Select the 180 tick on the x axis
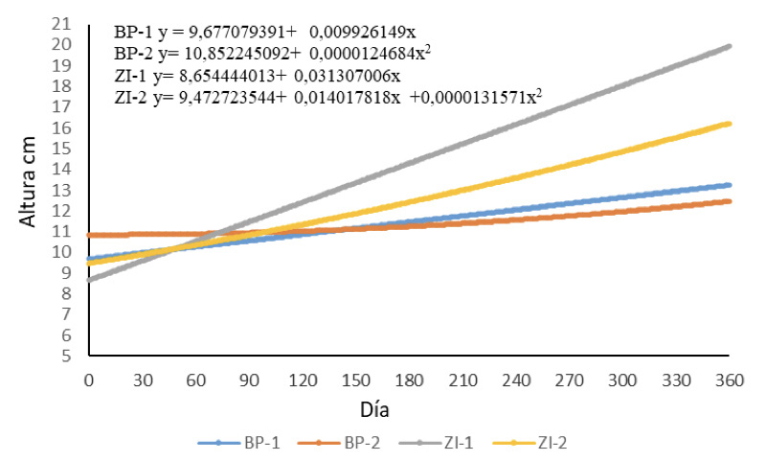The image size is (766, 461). [409, 380]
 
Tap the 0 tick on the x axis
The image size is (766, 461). [88, 380]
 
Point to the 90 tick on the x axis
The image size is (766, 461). [248, 380]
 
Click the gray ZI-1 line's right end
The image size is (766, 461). [730, 46]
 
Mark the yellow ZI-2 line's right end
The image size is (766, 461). [730, 124]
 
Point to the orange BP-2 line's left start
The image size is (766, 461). [89, 235]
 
